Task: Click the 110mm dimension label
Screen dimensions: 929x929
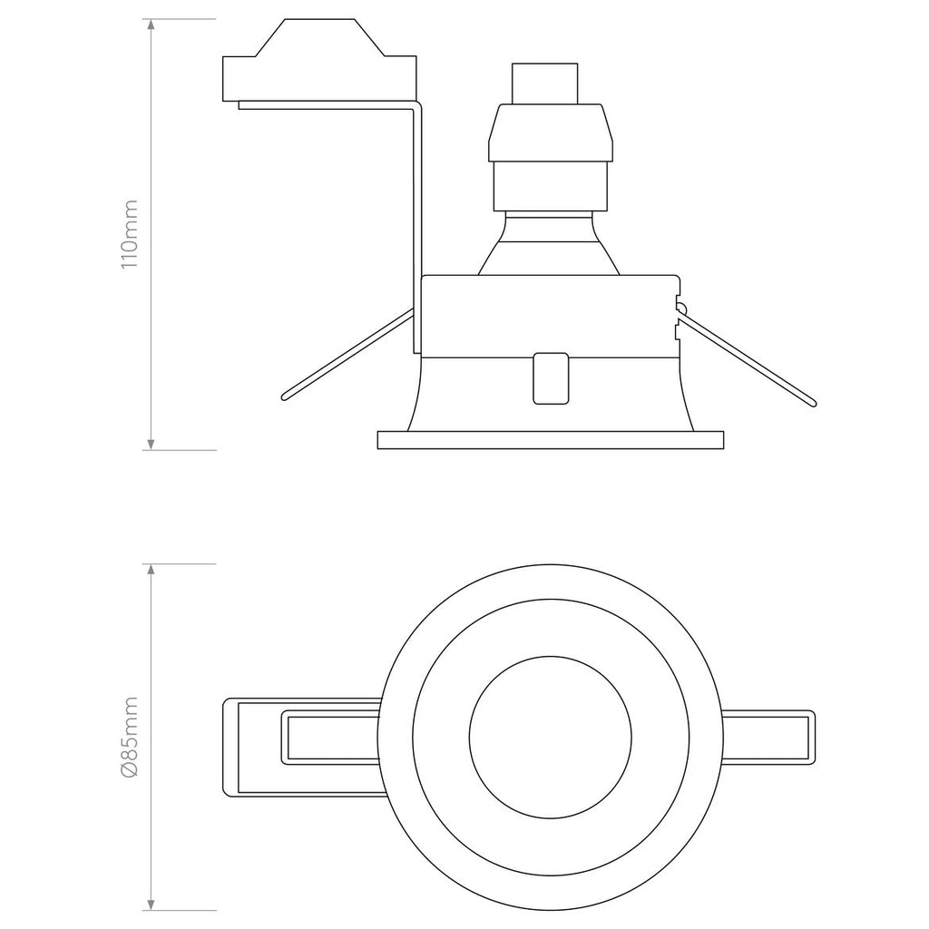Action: tap(129, 234)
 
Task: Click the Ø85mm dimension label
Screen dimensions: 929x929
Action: tap(129, 737)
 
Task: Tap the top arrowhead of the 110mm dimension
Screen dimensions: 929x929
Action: tap(151, 25)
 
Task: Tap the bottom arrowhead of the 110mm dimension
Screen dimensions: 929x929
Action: tap(151, 443)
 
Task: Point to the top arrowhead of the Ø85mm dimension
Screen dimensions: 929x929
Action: tap(151, 570)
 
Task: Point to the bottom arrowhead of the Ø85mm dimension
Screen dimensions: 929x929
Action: tap(151, 904)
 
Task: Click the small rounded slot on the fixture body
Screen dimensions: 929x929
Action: tap(550, 376)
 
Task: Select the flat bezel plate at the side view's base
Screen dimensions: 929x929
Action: tap(551, 440)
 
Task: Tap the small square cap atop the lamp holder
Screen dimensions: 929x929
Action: tap(544, 83)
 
